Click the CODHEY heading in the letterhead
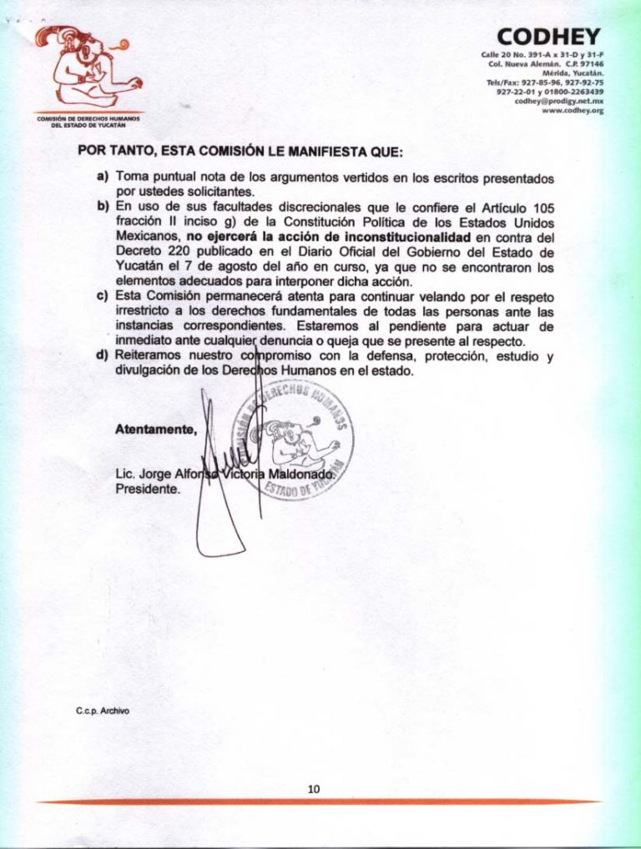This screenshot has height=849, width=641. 548,37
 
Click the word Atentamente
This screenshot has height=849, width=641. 156,430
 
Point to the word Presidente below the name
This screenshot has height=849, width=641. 147,490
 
